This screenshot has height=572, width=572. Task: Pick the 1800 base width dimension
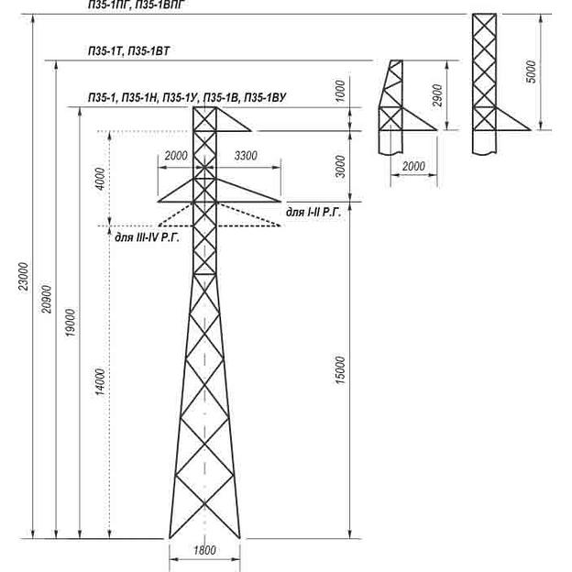[x=203, y=549]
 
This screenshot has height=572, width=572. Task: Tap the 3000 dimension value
[x=341, y=166]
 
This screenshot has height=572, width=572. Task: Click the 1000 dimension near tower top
[x=341, y=92]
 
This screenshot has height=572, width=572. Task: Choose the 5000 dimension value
[x=532, y=72]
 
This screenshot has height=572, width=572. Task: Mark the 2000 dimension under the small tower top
[x=414, y=166]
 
